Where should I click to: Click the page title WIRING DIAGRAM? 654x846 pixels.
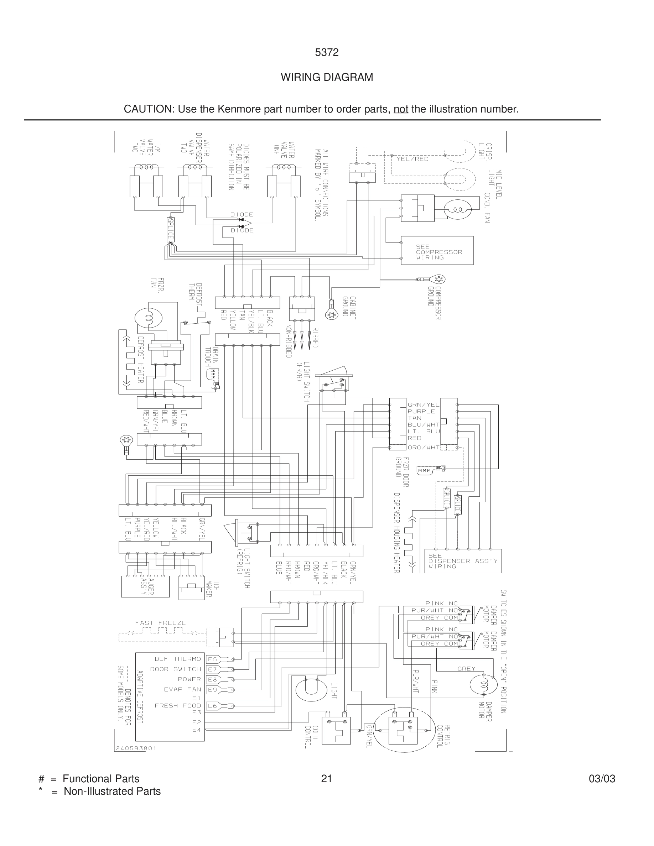[327, 78]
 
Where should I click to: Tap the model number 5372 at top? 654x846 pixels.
[327, 52]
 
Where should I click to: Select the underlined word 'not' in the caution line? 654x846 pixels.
[401, 109]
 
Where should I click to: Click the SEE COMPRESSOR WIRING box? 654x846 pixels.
[437, 251]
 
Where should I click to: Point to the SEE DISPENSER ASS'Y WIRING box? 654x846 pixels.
[463, 561]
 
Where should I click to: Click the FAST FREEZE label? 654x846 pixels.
[160, 623]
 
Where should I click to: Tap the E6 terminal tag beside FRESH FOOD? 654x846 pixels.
[212, 706]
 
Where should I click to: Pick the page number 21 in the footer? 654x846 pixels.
[327, 779]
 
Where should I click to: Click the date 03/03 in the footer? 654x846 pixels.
[602, 779]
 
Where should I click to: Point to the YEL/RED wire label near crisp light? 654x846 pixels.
[412, 159]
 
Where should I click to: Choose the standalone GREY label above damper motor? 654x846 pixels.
[466, 669]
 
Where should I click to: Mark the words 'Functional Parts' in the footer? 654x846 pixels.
[101, 779]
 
